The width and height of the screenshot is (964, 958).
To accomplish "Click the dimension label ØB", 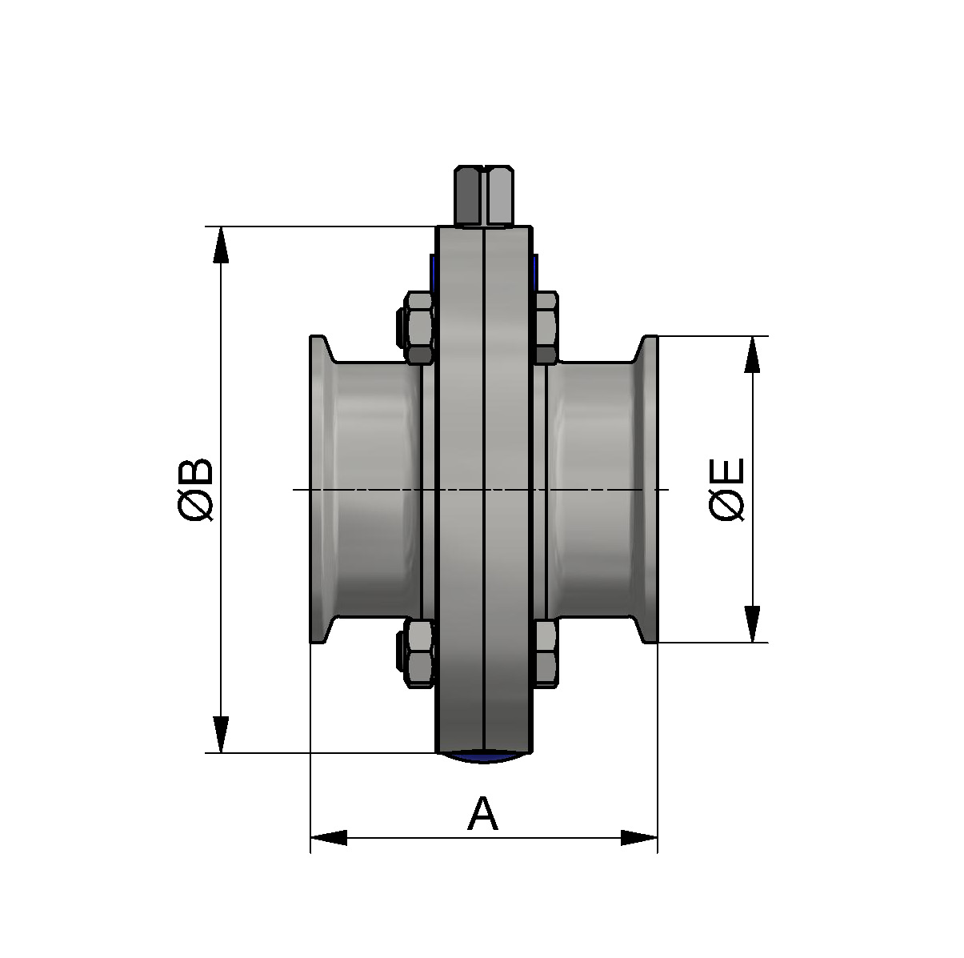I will click(197, 490).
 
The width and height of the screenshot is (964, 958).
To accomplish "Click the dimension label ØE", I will click(727, 490).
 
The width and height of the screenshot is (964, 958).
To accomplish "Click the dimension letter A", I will click(482, 815).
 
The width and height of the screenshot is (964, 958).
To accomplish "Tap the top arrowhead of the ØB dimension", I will click(222, 245).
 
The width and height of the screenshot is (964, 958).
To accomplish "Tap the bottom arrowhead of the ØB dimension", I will click(222, 735).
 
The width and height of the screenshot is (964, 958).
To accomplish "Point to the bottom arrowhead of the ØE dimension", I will click(752, 624).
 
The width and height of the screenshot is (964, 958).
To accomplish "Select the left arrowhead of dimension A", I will click(329, 838).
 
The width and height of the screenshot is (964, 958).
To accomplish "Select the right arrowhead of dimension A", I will click(638, 838).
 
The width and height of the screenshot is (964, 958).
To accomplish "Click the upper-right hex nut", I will click(546, 327).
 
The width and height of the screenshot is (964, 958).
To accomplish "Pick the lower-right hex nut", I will click(546, 652).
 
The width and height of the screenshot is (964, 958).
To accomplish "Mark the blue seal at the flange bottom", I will click(482, 756).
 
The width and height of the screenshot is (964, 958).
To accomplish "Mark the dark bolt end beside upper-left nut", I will click(399, 327).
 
